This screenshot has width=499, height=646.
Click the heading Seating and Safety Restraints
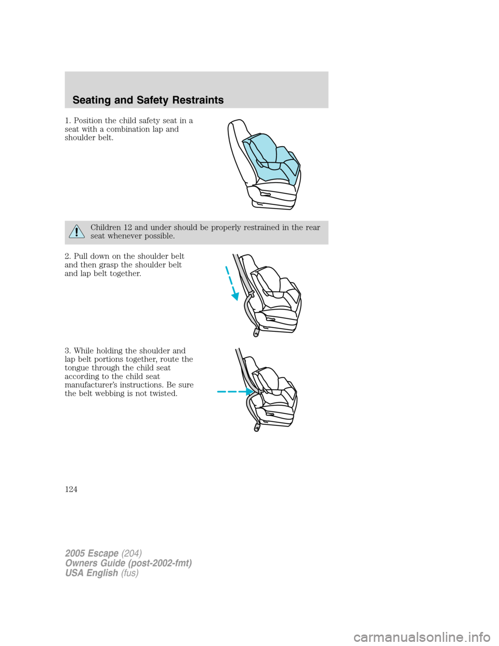(148, 100)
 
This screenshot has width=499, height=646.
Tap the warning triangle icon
(76, 232)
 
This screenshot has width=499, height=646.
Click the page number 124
(71, 489)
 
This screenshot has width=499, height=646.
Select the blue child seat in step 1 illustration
(270, 156)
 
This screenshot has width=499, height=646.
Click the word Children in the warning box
(106, 227)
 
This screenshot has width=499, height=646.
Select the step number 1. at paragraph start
(68, 121)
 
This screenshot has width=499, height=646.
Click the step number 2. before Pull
(68, 256)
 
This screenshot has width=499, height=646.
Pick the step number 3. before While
(68, 351)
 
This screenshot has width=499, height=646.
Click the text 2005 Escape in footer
(92, 553)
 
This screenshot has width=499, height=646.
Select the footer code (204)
(132, 553)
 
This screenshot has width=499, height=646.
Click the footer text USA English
(91, 573)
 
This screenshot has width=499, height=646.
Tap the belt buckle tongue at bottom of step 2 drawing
(255, 332)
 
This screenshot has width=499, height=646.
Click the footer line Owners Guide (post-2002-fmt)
(128, 563)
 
